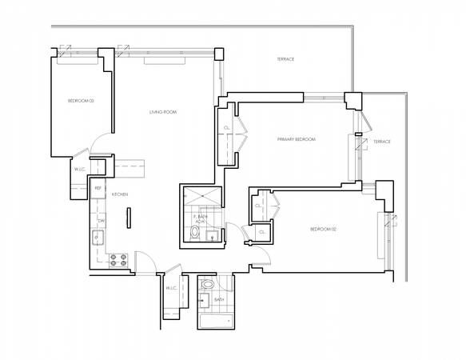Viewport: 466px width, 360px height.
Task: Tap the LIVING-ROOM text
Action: (163, 112)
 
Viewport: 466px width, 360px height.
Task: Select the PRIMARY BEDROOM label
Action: (296, 140)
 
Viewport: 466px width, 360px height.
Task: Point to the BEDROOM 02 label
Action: (324, 230)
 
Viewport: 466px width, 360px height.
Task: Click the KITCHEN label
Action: (119, 194)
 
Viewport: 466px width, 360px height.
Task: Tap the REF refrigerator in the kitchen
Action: (98, 189)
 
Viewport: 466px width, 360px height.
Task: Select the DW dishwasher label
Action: (102, 220)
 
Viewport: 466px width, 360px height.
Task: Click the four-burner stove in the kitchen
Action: (118, 259)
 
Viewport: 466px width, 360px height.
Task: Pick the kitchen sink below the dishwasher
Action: (98, 238)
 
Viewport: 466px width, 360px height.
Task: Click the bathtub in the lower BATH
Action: (215, 322)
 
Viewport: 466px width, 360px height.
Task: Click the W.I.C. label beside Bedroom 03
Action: (80, 170)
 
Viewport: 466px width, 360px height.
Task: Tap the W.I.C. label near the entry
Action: (170, 288)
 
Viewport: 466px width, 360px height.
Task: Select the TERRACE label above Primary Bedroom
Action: (285, 59)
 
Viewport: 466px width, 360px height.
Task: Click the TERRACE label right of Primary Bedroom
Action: (381, 142)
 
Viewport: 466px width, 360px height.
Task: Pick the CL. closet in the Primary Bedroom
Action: (227, 128)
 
